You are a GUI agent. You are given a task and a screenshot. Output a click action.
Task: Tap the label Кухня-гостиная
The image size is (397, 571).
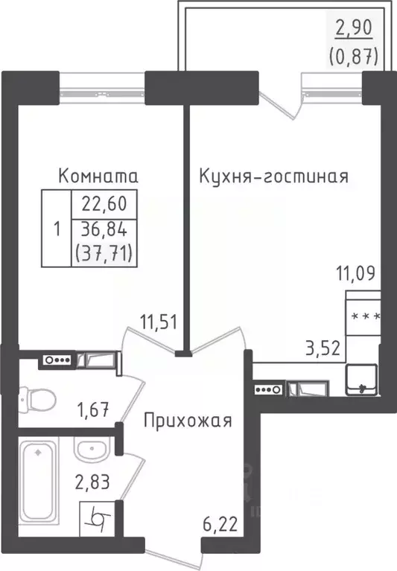click(273, 176)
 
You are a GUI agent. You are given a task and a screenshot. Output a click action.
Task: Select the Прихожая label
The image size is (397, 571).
click(188, 420)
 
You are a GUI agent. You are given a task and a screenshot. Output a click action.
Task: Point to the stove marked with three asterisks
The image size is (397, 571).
click(364, 316)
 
